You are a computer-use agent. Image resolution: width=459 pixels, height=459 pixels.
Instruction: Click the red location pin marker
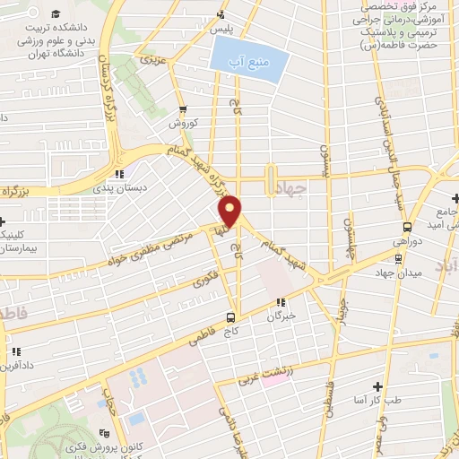pos(231,212)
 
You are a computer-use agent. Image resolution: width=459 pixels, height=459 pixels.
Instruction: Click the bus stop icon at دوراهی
pos(408,228)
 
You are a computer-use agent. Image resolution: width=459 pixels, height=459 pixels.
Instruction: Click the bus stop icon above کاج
pos(231,317)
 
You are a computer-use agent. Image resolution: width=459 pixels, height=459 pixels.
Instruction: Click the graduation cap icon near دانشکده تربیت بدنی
pos(57,14)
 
